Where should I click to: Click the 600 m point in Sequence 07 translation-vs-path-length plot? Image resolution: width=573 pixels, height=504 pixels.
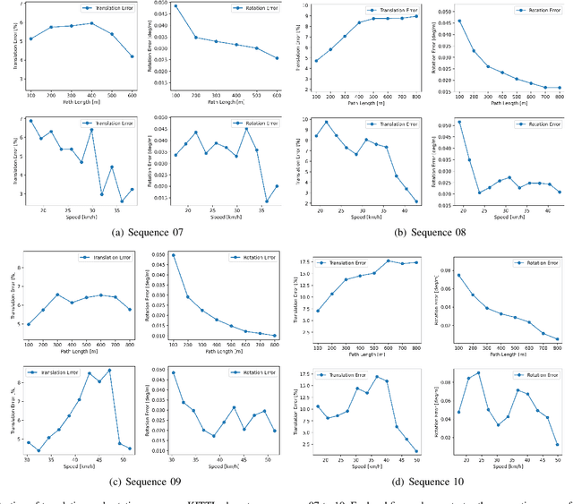[132, 56]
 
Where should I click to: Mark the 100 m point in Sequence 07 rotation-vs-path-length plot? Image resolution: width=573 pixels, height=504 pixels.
[175, 6]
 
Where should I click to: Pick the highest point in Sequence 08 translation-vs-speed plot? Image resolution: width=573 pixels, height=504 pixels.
[327, 123]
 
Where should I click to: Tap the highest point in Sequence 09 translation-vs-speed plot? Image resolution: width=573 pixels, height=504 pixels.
[109, 370]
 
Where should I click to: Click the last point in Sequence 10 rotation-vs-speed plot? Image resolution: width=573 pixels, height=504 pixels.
[557, 444]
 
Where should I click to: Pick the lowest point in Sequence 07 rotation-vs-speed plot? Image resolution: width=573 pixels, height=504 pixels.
[267, 201]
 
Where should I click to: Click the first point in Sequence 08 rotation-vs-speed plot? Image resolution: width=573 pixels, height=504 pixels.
[459, 122]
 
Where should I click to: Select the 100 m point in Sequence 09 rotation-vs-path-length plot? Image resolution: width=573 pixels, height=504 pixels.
[174, 255]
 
